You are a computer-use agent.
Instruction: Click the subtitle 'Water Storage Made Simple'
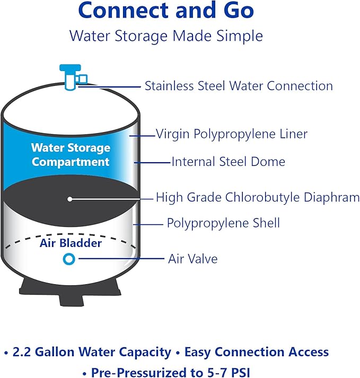pyautogui.click(x=166, y=36)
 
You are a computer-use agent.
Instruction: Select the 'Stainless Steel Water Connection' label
pyautogui.click(x=239, y=86)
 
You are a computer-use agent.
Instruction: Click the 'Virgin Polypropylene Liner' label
pyautogui.click(x=232, y=134)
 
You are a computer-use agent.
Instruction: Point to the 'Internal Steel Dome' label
pyautogui.click(x=228, y=162)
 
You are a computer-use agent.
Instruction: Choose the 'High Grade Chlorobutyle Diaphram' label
pyautogui.click(x=257, y=198)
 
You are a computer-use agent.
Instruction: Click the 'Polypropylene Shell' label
pyautogui.click(x=223, y=223)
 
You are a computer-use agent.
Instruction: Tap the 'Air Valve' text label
pyautogui.click(x=193, y=259)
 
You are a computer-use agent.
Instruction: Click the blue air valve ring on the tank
pyautogui.click(x=69, y=259)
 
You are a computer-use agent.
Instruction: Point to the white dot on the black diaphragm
pyautogui.click(x=70, y=198)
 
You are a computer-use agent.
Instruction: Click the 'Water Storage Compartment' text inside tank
pyautogui.click(x=71, y=154)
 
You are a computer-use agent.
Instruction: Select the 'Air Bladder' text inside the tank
pyautogui.click(x=71, y=243)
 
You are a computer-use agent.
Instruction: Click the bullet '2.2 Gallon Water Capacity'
pyautogui.click(x=87, y=352)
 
